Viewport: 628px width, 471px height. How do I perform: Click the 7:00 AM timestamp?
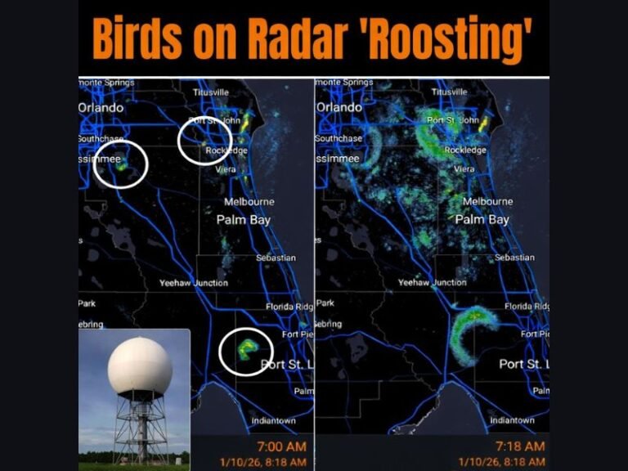(x=280, y=446)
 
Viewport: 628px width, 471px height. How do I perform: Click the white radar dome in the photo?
(x=140, y=365)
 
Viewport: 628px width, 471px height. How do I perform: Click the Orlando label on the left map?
(x=101, y=107)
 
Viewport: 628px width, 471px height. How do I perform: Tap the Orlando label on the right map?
(x=339, y=107)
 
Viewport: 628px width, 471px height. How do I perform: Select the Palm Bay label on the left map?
(x=243, y=219)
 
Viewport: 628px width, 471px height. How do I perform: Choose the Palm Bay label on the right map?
(x=482, y=219)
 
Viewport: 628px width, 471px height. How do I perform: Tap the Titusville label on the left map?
(x=211, y=92)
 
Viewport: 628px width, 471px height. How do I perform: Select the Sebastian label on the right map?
(x=514, y=258)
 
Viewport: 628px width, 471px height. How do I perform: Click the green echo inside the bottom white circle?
(x=245, y=349)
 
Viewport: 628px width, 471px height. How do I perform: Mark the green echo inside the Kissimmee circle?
(x=122, y=165)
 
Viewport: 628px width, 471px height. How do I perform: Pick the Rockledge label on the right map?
(x=465, y=150)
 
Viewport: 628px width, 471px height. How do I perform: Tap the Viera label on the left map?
(x=225, y=169)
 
